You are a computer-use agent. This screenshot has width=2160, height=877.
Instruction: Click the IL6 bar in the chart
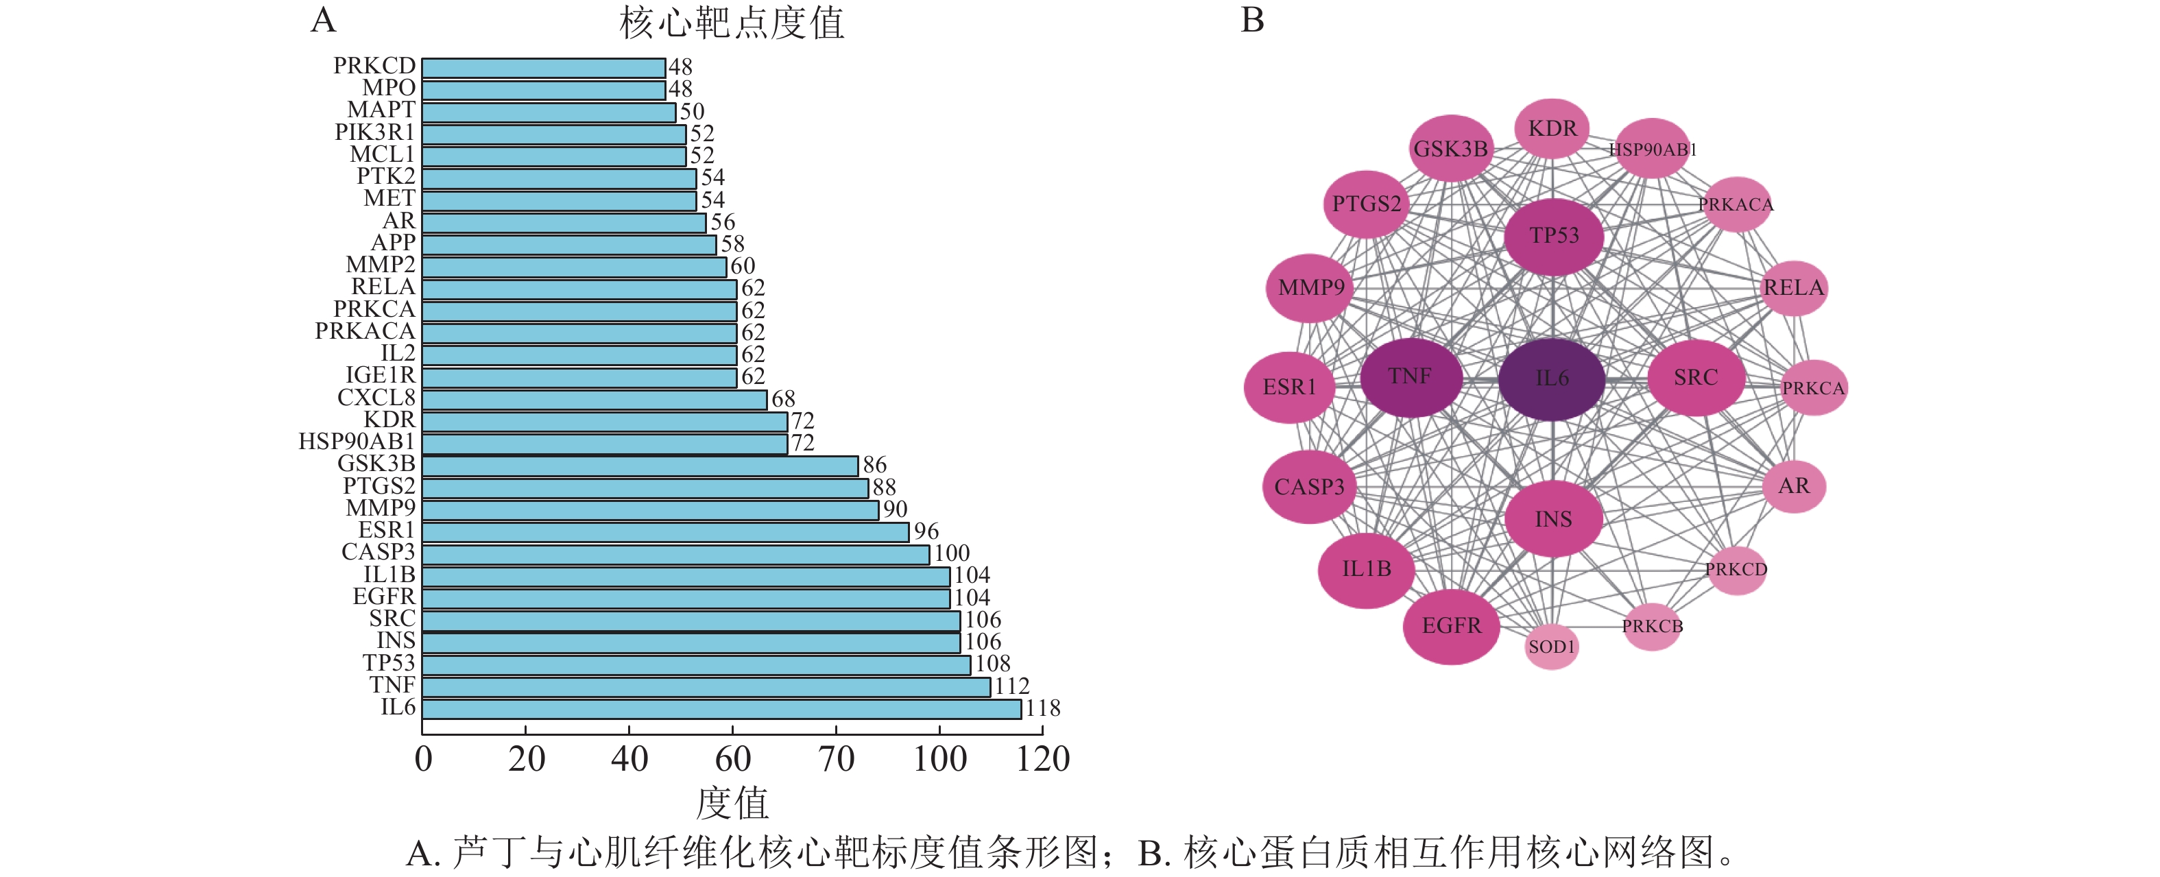click(x=721, y=708)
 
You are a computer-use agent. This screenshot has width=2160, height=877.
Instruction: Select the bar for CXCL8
click(x=594, y=399)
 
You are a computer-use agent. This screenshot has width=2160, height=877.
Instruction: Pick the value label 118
click(x=1042, y=708)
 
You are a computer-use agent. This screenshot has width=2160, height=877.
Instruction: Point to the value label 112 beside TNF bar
click(x=1012, y=686)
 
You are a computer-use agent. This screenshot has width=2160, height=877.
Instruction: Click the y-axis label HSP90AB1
click(x=357, y=441)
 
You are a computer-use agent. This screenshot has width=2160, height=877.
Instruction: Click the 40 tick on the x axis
click(x=629, y=759)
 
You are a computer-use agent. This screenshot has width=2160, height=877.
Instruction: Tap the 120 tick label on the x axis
click(x=1042, y=759)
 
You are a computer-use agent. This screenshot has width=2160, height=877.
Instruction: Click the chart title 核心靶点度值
click(x=731, y=23)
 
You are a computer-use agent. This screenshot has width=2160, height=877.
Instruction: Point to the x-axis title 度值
click(x=732, y=802)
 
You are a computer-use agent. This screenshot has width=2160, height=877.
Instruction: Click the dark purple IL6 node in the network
click(x=1551, y=379)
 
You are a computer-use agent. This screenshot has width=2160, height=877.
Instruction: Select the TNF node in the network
click(x=1411, y=377)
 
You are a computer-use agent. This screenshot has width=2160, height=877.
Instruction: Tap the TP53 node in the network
click(x=1553, y=237)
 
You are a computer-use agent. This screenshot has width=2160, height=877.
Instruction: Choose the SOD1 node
click(x=1551, y=647)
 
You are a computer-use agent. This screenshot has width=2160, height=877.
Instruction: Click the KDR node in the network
click(x=1552, y=129)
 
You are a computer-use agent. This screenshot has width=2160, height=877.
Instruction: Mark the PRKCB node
click(x=1652, y=626)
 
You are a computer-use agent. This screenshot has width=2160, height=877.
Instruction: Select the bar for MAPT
click(x=549, y=112)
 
